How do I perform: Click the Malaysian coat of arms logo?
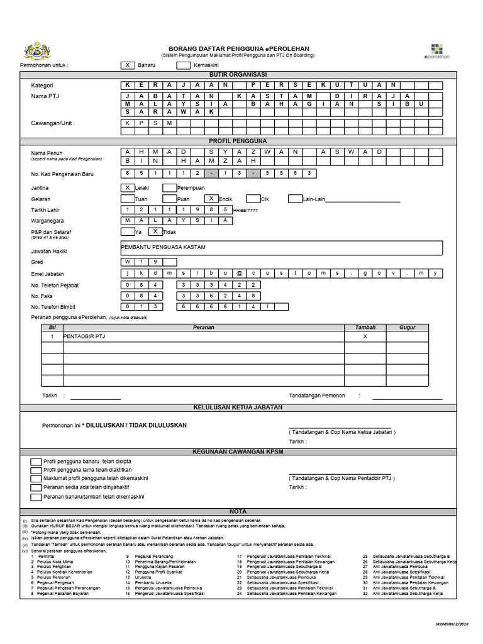[x=36, y=52]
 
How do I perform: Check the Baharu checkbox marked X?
[x=128, y=65]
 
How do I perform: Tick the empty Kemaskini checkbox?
[x=184, y=65]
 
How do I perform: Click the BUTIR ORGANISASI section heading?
[x=238, y=74]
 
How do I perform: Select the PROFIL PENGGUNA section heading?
[x=238, y=142]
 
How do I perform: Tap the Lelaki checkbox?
[x=128, y=187]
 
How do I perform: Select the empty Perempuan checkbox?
[x=169, y=187]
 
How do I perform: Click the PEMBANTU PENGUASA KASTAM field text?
[x=163, y=248]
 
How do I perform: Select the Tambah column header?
[x=365, y=328]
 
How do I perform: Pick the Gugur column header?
[x=408, y=328]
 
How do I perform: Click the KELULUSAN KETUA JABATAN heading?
[x=238, y=407]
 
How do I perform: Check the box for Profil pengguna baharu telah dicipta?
[x=37, y=461]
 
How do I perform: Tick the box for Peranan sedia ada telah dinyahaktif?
[x=37, y=487]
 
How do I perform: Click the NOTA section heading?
[x=238, y=511]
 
